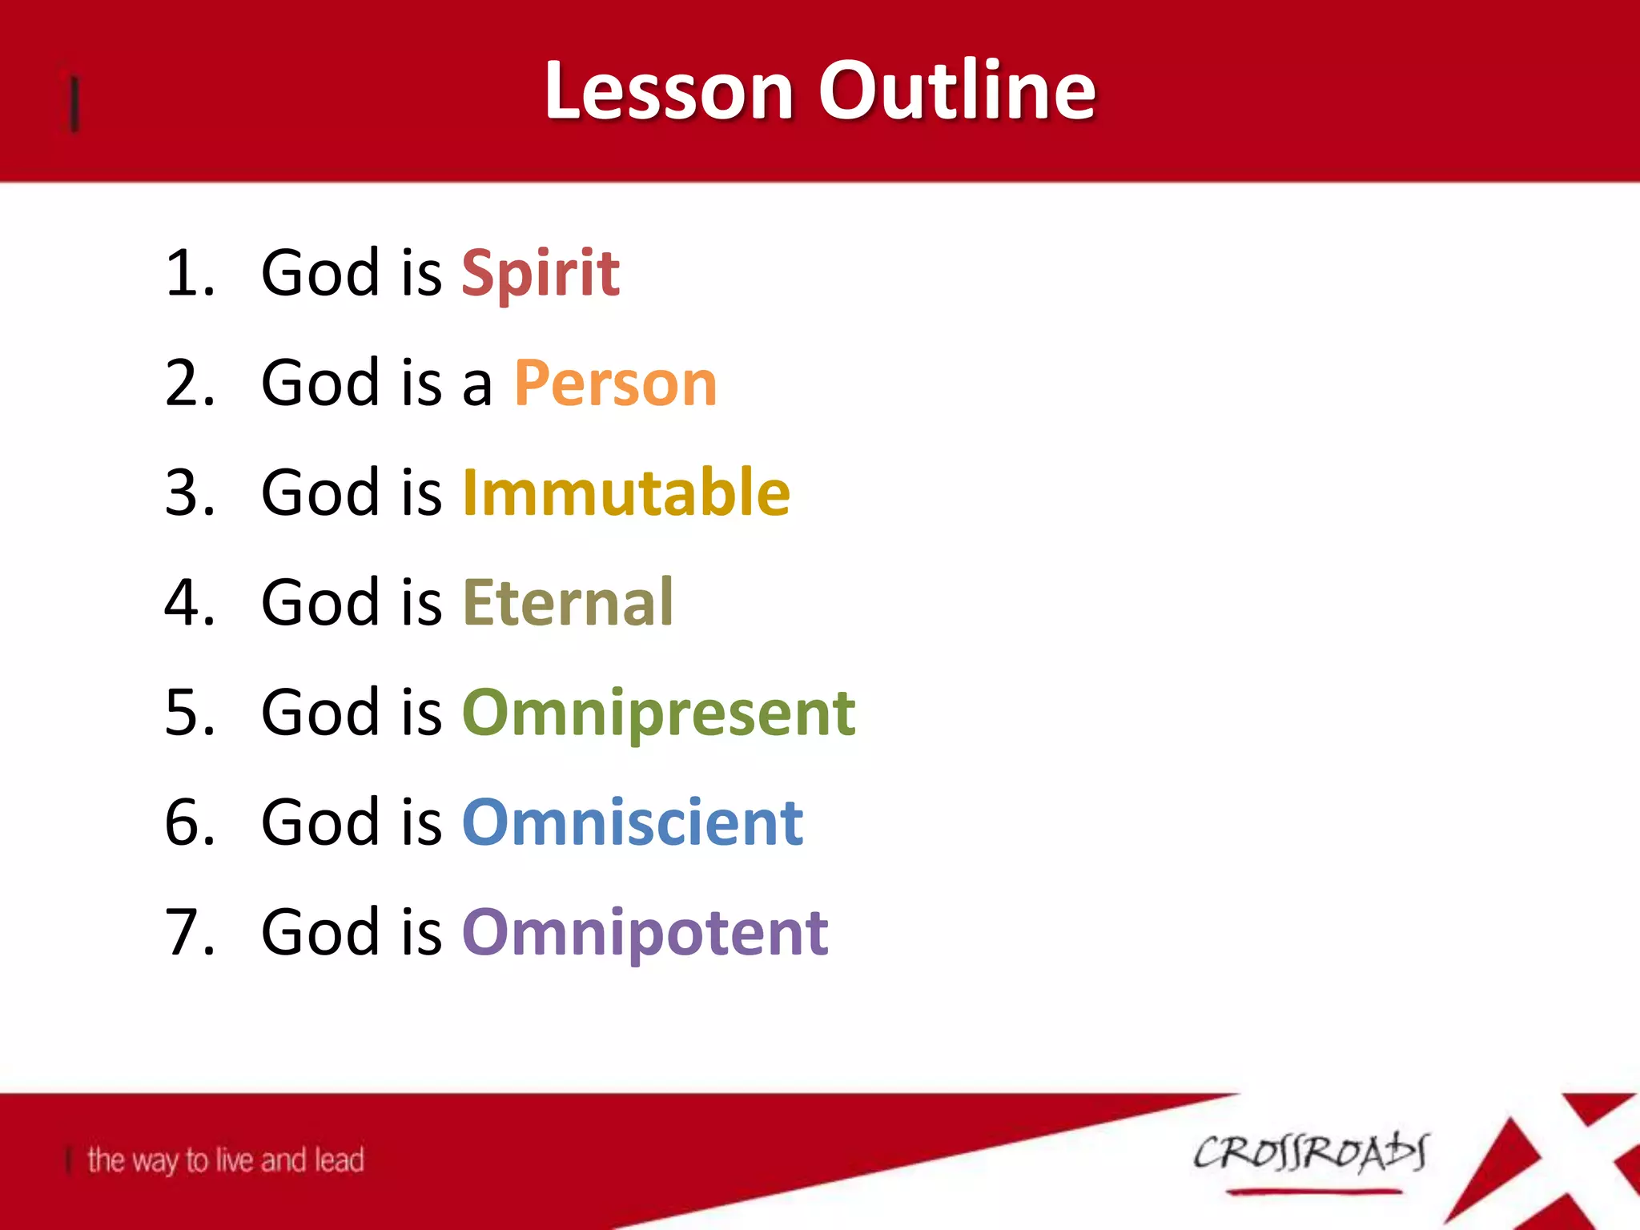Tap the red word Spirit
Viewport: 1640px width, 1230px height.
click(x=541, y=274)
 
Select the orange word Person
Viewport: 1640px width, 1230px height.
click(x=615, y=384)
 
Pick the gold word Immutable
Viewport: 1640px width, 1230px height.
click(x=626, y=492)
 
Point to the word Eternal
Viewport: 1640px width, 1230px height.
click(x=568, y=602)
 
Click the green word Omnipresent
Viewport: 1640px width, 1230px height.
click(x=658, y=713)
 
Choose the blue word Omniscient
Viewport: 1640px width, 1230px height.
click(x=633, y=822)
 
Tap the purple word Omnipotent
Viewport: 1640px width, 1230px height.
click(x=645, y=933)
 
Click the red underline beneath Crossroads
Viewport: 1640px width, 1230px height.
click(x=1313, y=1192)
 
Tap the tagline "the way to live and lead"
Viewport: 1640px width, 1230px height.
click(x=225, y=1160)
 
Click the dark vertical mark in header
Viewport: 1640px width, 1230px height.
click(x=74, y=102)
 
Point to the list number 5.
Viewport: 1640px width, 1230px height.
click(x=187, y=713)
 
